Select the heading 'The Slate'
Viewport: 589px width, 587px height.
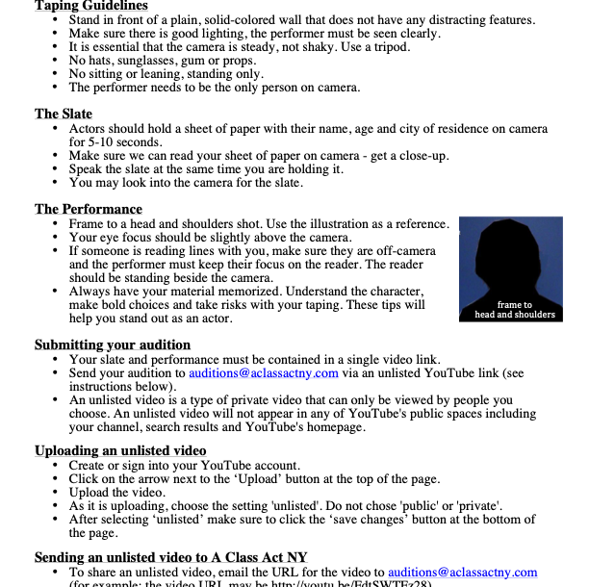(64, 114)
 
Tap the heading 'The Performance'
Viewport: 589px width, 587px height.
(89, 209)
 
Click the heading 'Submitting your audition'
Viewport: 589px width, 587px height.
(113, 345)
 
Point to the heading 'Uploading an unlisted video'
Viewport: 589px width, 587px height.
(120, 450)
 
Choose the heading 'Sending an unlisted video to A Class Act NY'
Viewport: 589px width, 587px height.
(170, 557)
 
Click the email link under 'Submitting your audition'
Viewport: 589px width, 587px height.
(263, 372)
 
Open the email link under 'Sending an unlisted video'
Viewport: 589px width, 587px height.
(460, 572)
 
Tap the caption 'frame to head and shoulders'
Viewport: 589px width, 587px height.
(515, 310)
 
